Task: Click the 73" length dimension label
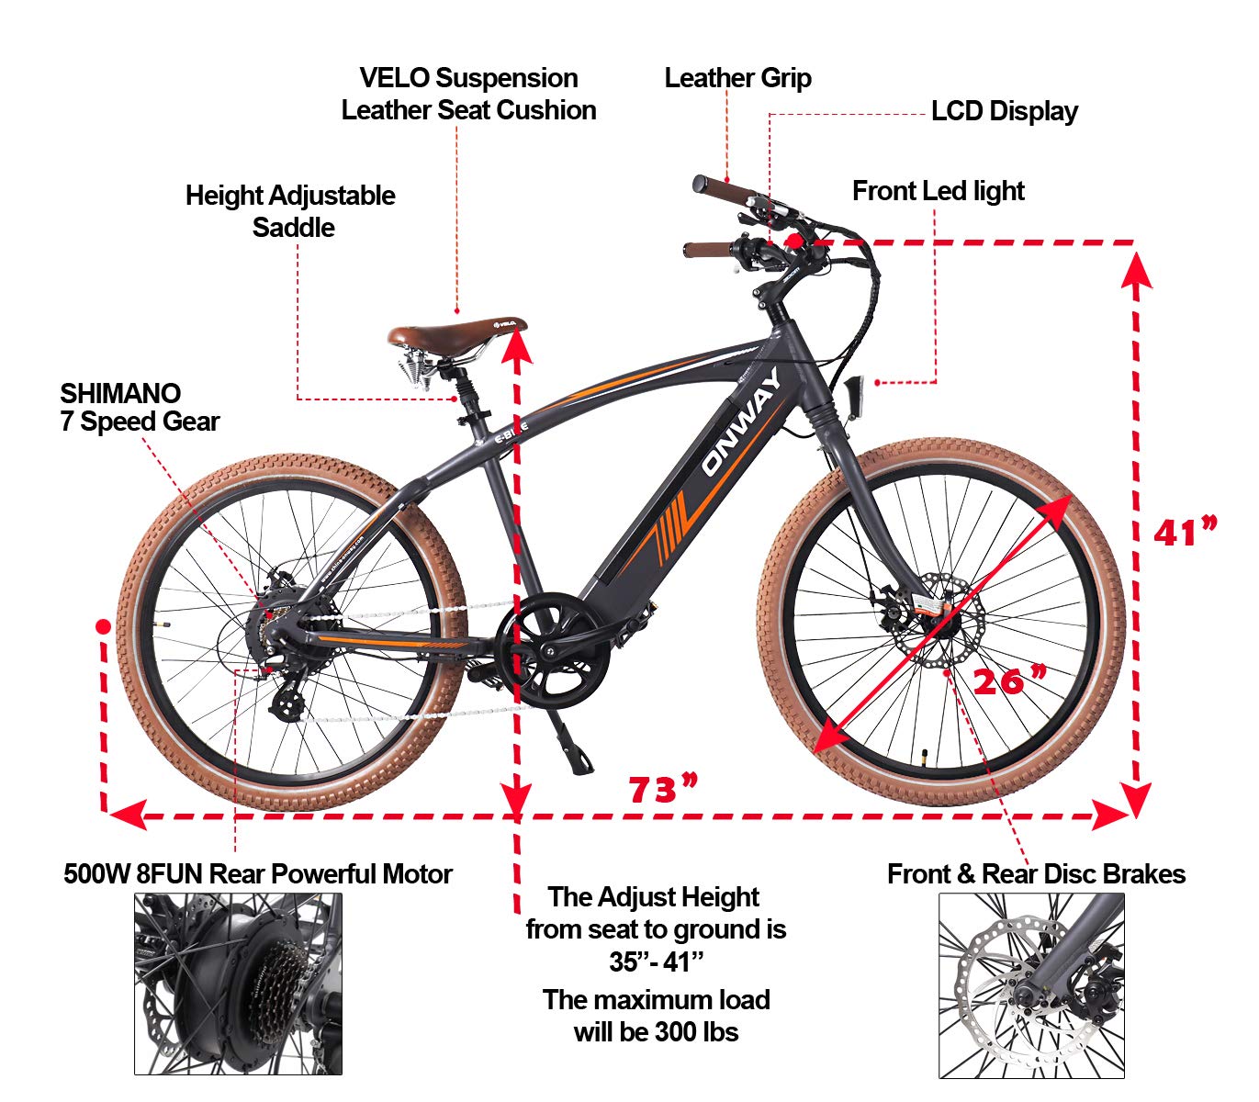click(662, 789)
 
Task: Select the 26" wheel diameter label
click(1009, 680)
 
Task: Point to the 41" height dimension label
click(1185, 532)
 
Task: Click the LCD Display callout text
click(1004, 111)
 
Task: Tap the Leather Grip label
click(737, 78)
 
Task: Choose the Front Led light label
click(938, 191)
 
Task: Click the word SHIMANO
click(120, 393)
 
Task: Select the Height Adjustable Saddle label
click(290, 211)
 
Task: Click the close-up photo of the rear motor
click(238, 984)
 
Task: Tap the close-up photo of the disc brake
click(1031, 985)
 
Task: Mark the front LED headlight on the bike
click(859, 394)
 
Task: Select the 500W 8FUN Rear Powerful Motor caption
click(258, 874)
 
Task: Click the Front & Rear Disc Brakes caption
click(1036, 874)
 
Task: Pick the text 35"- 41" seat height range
click(656, 961)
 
